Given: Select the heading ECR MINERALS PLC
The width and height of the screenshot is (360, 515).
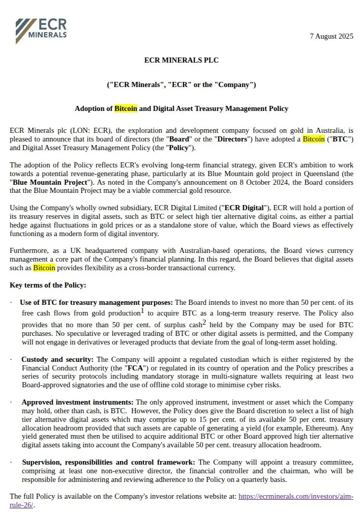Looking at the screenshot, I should click(181, 60).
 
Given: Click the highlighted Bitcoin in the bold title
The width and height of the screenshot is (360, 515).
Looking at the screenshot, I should click(126, 108).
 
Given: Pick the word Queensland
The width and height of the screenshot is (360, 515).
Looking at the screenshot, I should click(319, 174).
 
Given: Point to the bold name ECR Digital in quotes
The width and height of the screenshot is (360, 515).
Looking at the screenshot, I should click(245, 208).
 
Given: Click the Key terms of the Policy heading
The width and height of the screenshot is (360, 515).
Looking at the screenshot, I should click(48, 285).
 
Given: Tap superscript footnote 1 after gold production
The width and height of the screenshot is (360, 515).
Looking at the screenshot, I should click(143, 310).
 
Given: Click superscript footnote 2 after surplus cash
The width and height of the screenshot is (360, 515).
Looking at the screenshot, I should click(204, 322).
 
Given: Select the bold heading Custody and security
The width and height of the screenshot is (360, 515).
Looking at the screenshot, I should click(57, 359).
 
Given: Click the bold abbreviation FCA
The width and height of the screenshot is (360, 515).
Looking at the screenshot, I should click(134, 368).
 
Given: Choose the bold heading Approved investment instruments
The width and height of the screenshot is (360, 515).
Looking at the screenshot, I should click(77, 402).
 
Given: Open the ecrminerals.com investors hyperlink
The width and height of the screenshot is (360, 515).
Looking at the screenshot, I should click(295, 496).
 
